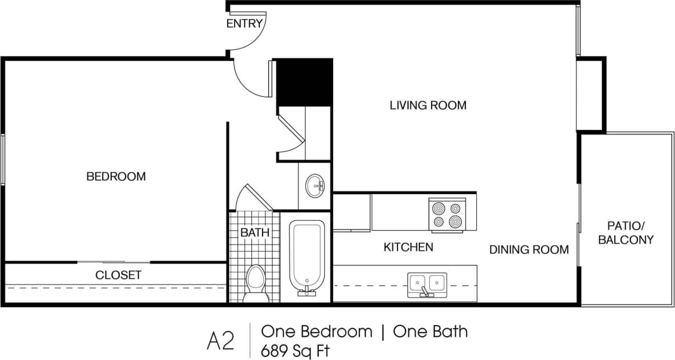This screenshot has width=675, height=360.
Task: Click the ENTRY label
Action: tap(245, 24)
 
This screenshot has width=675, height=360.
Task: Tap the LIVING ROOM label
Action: tap(428, 106)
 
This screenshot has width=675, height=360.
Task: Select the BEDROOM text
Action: tap(116, 176)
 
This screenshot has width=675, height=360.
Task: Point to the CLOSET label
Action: tap(118, 275)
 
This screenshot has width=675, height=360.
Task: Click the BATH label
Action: tap(255, 232)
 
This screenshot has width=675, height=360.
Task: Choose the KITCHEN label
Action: tap(408, 248)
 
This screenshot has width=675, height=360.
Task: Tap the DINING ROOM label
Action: tap(528, 250)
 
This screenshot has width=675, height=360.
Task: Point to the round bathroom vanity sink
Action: tap(316, 186)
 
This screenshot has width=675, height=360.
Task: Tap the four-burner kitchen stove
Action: tap(447, 214)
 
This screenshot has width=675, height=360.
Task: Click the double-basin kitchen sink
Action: tap(427, 283)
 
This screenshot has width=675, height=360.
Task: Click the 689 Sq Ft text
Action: tap(295, 350)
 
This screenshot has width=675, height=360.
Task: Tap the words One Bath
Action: tap(430, 332)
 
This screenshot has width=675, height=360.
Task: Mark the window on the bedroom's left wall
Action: tap(3, 159)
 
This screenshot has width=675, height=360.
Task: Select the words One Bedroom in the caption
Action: tap(316, 332)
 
